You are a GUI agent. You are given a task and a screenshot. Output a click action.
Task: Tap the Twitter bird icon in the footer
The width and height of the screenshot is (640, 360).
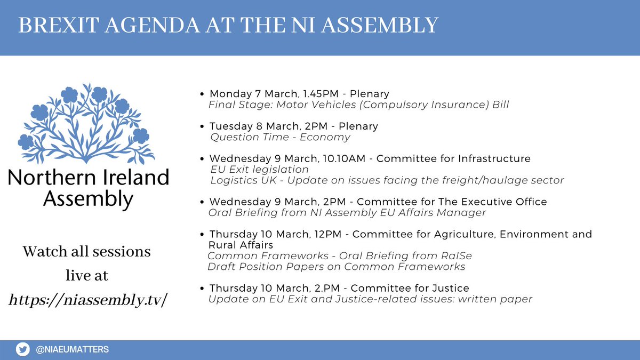(x=22, y=350)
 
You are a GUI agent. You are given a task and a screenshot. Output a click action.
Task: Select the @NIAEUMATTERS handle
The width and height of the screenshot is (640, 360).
(x=72, y=350)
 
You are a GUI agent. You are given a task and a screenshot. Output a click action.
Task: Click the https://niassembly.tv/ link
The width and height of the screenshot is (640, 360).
(x=87, y=300)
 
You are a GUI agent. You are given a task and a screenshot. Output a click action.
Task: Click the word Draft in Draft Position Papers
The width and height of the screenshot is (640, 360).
(x=220, y=267)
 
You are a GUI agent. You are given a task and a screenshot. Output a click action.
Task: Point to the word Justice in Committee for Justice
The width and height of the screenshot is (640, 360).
(x=450, y=289)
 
